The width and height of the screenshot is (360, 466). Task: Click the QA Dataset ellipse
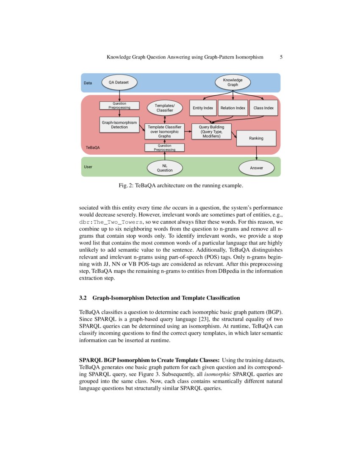point(119,82)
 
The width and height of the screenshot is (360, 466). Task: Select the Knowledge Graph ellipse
point(233,82)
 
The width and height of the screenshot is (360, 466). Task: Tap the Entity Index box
point(203,108)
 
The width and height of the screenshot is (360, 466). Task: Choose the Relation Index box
point(233,108)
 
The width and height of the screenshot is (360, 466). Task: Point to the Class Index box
point(263,108)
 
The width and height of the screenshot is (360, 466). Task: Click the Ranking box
point(256,138)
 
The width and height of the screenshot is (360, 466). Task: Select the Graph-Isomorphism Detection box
point(119,125)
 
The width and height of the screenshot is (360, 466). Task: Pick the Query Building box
point(211,131)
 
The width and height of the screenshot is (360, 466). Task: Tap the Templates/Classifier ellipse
point(165,108)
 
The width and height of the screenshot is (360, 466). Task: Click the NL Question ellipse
point(165,168)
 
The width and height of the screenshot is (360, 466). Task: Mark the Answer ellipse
point(256,168)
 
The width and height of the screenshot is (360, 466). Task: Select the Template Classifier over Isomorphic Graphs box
point(164,131)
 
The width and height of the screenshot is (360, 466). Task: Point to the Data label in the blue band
point(88,83)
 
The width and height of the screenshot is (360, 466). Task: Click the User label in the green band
point(88,167)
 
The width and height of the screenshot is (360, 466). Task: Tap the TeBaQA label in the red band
point(93,148)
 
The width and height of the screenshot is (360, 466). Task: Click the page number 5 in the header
point(281,57)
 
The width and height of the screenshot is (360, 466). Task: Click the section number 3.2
point(83,298)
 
